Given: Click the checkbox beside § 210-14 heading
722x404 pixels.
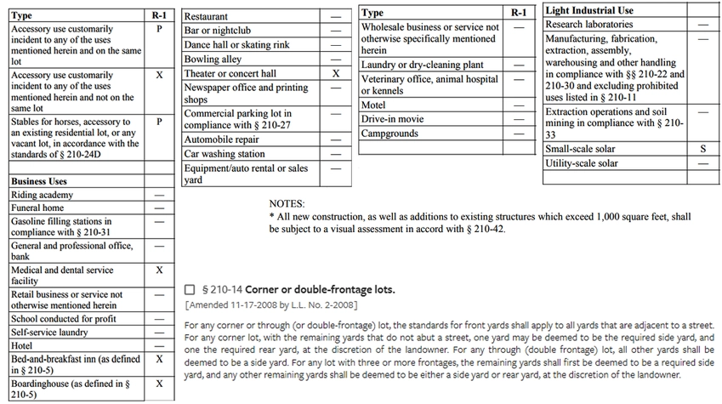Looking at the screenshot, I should point(189,290).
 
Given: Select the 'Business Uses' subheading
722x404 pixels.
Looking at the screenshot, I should point(38,181).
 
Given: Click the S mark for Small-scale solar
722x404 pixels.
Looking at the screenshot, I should point(702,149).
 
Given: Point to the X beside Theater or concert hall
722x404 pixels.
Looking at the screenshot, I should point(336,74).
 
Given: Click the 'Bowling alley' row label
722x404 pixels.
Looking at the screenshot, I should point(213,60).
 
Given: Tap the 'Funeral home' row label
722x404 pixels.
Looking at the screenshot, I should point(37,208).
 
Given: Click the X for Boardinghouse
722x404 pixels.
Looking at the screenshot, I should point(159,384).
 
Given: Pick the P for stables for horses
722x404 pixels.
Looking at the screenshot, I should point(159,122).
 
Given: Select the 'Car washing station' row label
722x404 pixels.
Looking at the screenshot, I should point(225,154).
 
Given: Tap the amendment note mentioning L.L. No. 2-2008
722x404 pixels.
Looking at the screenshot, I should point(270,304).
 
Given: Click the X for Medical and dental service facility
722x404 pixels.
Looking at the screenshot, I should point(159,270).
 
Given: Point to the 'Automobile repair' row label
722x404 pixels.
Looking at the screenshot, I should point(222,139).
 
